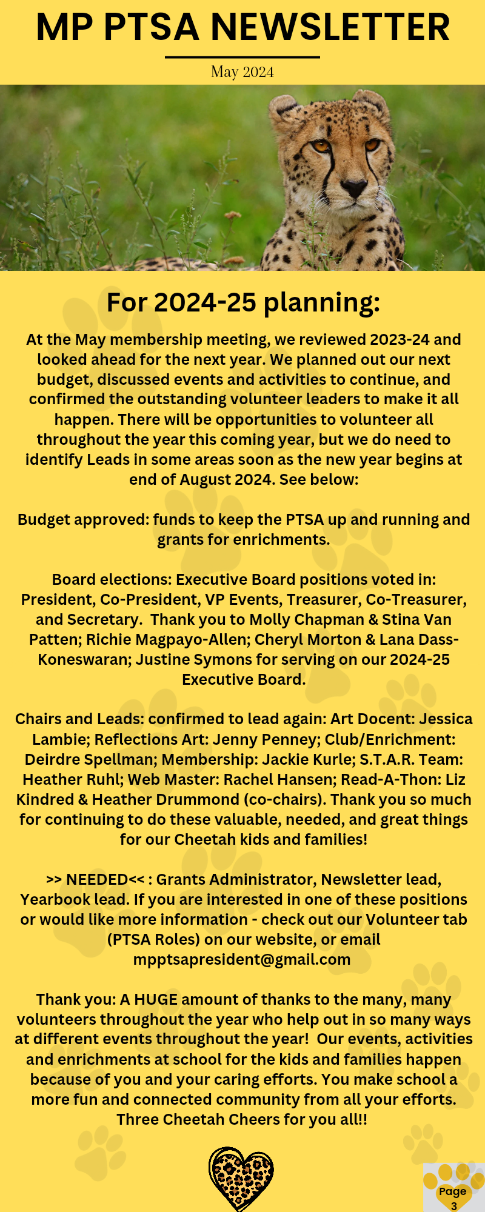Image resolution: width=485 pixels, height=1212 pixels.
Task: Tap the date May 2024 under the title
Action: tap(242, 72)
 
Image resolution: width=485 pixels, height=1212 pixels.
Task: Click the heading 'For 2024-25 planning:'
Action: tap(243, 302)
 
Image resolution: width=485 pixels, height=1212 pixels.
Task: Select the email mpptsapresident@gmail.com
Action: tap(242, 959)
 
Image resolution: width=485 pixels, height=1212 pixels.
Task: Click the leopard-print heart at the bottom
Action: tap(241, 1179)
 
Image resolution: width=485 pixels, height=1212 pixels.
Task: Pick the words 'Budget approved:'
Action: tap(83, 520)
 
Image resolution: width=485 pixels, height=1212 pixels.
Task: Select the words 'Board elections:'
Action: tap(112, 580)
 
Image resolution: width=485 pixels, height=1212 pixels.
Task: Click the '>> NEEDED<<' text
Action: tap(95, 879)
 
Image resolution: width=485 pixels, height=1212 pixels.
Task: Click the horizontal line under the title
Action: tap(242, 58)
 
